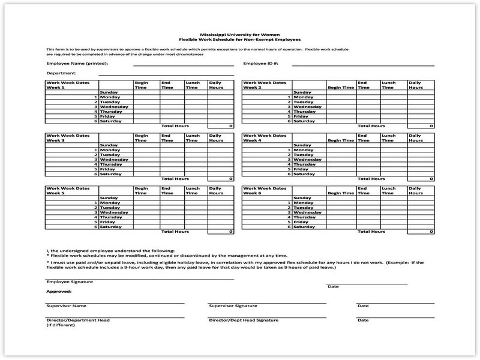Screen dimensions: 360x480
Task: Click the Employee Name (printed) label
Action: (74, 63)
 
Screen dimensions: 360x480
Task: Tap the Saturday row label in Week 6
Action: (305, 227)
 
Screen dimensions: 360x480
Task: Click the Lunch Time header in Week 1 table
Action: (193, 85)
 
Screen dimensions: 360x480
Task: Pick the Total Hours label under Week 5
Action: (175, 232)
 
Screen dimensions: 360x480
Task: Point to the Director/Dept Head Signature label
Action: (243, 320)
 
